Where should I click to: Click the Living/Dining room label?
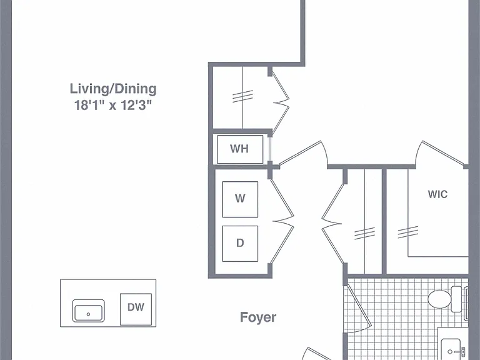pos(113,89)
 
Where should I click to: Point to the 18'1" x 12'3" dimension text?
pos(113,105)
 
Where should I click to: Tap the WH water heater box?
pos(240,149)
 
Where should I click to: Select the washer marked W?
pos(240,199)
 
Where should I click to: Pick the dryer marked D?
pos(240,244)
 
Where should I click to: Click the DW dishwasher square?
pos(136,309)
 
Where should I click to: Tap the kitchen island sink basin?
pos(88,311)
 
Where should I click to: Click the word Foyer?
pos(258,317)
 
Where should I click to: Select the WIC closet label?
pos(437,194)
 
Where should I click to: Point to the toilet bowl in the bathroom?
pos(439,299)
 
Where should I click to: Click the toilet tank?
pos(456,299)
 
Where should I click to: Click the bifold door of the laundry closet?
pos(282,221)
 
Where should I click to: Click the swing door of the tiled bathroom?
pos(358,309)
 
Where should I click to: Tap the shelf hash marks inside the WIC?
pos(407,232)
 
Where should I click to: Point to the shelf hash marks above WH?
pos(242,96)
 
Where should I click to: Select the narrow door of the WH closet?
pos(270,149)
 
